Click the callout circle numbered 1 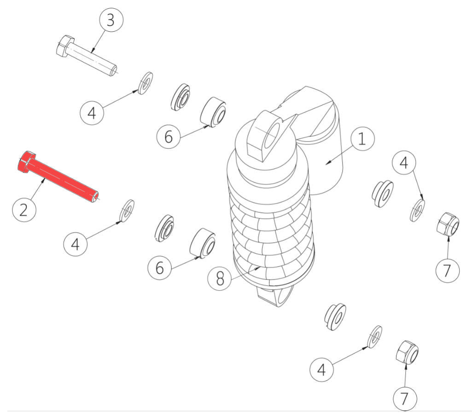pyautogui.click(x=362, y=139)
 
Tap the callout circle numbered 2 pyautogui.click(x=24, y=210)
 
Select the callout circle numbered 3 pyautogui.click(x=111, y=20)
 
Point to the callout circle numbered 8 pyautogui.click(x=220, y=279)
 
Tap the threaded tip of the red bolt pyautogui.click(x=95, y=197)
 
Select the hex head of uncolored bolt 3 pyautogui.click(x=65, y=46)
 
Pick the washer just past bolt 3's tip pyautogui.click(x=145, y=83)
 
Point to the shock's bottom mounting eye pyautogui.click(x=275, y=297)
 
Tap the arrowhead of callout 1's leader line pyautogui.click(x=329, y=163)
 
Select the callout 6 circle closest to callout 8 pyautogui.click(x=159, y=267)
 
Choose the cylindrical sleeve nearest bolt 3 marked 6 pyautogui.click(x=213, y=112)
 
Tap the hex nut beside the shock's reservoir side pyautogui.click(x=448, y=225)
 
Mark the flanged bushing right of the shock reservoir pyautogui.click(x=383, y=193)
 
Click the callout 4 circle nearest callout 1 pyautogui.click(x=404, y=163)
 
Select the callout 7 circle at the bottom pyautogui.click(x=405, y=398)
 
